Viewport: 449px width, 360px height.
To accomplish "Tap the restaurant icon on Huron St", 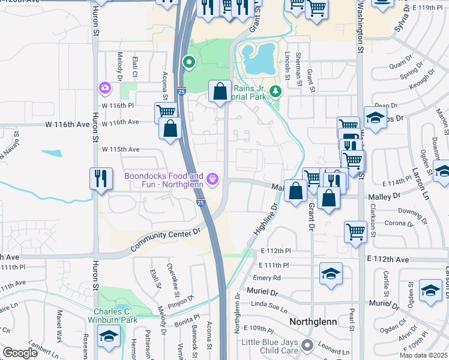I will tap(101, 179).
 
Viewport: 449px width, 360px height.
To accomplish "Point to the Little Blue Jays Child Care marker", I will tap(307, 345).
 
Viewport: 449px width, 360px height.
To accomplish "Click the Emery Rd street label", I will tap(267, 278).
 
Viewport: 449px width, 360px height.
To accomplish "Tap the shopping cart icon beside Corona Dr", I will tap(356, 232).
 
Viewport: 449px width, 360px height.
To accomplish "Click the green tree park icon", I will tap(276, 91).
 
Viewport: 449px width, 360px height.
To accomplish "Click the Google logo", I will tap(20, 353).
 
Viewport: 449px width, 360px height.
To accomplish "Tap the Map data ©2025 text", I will tap(423, 355).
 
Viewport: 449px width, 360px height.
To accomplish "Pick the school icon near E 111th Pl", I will tap(331, 274).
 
